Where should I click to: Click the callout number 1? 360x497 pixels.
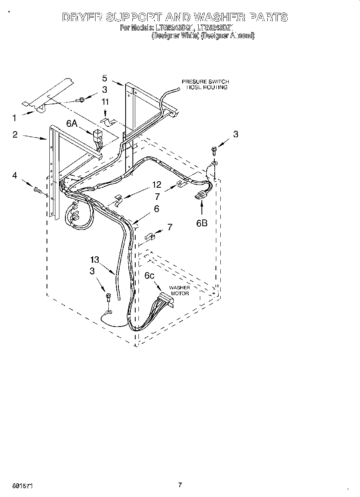[x=14, y=118]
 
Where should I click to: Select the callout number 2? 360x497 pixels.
[x=15, y=134]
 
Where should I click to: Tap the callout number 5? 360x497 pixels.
[x=104, y=78]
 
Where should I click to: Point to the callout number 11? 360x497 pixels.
[x=105, y=102]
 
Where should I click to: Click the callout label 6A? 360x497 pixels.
[x=72, y=124]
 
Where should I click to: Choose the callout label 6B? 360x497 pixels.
[x=201, y=223]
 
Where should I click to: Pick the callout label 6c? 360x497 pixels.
[x=149, y=276]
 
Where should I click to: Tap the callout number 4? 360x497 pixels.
[x=15, y=175]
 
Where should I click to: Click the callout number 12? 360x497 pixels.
[x=156, y=185]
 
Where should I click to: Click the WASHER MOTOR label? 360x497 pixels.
[x=179, y=290]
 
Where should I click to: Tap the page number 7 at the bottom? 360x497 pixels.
[x=180, y=485]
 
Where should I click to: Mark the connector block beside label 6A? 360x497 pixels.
[x=98, y=135]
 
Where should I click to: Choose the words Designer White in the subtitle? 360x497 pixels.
[x=175, y=36]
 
